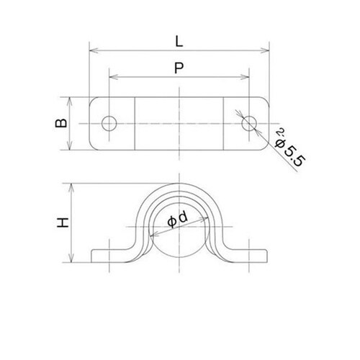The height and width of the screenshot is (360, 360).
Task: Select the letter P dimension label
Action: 179,67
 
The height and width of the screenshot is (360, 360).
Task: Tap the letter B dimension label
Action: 62,124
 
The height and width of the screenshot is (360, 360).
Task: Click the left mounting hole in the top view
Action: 109,123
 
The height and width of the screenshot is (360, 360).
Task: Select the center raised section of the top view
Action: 179,123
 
